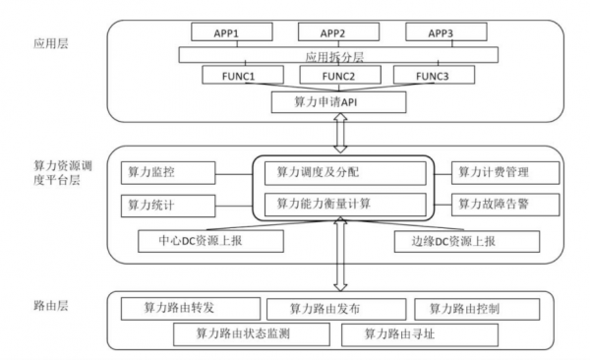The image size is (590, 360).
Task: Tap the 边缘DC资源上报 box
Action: [x=468, y=239]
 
